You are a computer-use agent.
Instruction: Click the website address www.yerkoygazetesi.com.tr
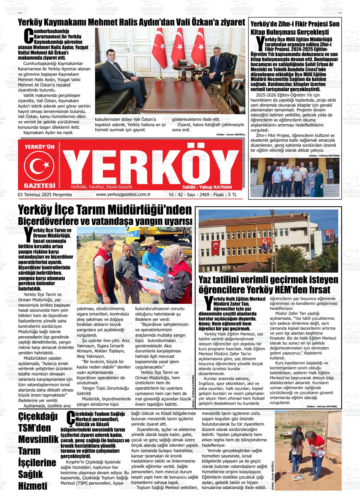click(123, 195)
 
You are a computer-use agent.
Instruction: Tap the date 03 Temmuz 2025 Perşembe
click(45, 195)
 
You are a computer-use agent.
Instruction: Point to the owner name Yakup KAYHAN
click(216, 187)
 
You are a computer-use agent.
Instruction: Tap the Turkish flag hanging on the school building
click(216, 248)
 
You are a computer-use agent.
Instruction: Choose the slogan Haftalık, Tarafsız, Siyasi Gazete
click(102, 187)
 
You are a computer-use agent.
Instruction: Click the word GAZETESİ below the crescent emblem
click(39, 186)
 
